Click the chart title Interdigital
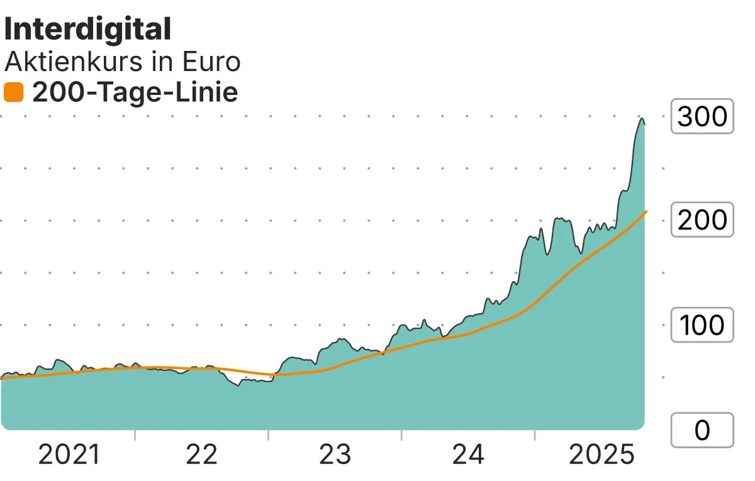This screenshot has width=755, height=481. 87,30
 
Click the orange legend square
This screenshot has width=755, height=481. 13,93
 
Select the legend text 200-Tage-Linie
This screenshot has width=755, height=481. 135,93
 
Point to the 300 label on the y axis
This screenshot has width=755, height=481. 702,116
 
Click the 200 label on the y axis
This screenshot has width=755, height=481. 702,221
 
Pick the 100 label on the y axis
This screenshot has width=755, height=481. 702,326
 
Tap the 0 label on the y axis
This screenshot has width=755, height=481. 702,430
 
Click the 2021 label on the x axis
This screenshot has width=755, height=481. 69,455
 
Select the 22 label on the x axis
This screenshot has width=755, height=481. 201,455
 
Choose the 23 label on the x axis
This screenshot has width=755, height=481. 335,455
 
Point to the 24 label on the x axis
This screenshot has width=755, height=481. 468,455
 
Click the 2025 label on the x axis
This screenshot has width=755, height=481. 601,455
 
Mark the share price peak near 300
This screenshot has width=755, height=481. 641,119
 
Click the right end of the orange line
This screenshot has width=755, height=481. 646,212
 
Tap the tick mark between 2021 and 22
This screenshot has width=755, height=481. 135,435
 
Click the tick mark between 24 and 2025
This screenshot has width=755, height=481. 535,435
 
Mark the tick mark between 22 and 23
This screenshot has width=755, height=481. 269,435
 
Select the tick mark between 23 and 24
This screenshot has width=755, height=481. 401,435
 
